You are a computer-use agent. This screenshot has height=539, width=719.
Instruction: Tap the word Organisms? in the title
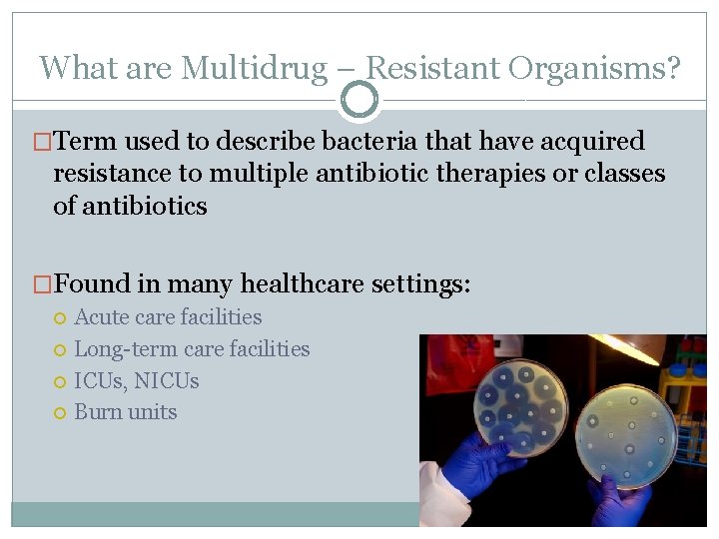(594, 68)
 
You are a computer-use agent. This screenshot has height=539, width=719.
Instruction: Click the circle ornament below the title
(359, 100)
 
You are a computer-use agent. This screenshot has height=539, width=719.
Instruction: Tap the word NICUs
(167, 381)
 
